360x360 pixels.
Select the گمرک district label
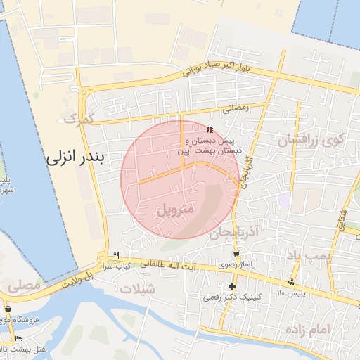[x=78, y=118]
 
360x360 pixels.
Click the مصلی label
[x=24, y=286]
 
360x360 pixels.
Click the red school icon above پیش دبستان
[x=209, y=129]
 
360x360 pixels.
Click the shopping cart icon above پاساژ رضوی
[x=236, y=254]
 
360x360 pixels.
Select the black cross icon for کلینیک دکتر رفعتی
[x=232, y=286]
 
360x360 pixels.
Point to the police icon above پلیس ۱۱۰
[x=292, y=281]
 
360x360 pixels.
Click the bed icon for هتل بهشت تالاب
[x=18, y=339]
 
